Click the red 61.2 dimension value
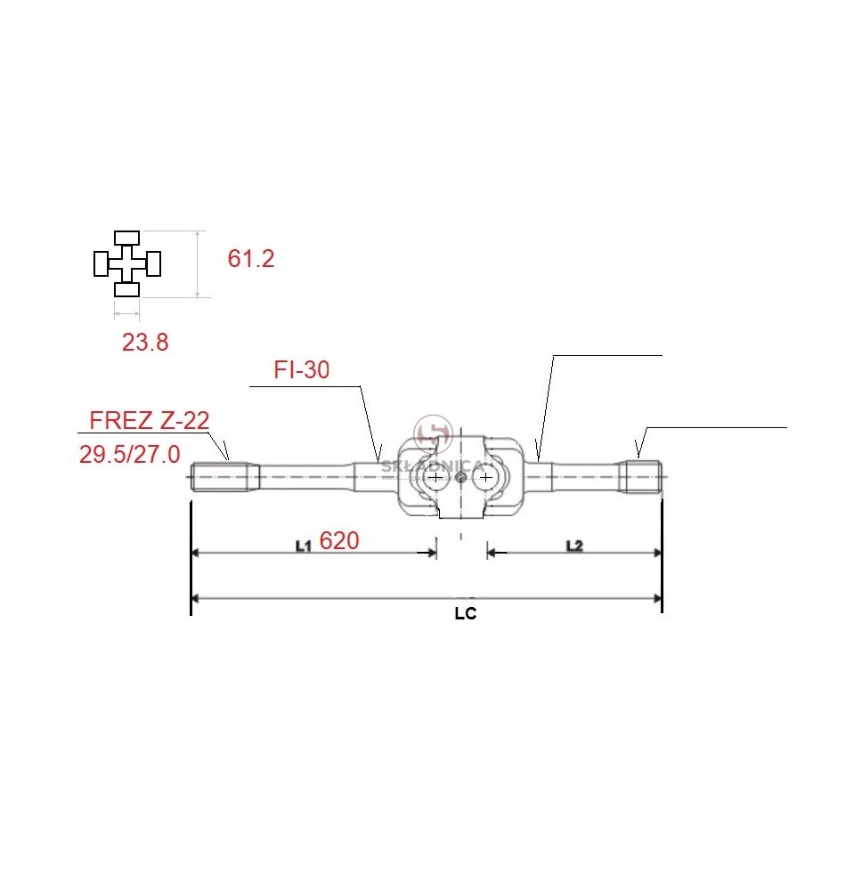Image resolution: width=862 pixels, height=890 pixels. pos(251,259)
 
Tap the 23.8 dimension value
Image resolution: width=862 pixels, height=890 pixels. pos(145,343)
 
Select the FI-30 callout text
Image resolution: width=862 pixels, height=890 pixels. pos(302,370)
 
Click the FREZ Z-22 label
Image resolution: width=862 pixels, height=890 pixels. pos(150,421)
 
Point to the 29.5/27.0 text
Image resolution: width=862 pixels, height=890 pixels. pos(129,455)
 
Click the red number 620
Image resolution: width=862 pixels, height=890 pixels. pos(339,541)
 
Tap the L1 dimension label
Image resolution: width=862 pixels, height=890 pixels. pos(304,546)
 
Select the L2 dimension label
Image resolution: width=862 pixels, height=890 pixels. pos(574,546)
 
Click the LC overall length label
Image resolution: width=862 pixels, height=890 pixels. pos(466,613)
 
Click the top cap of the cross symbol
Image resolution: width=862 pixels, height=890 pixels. pos(126,238)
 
